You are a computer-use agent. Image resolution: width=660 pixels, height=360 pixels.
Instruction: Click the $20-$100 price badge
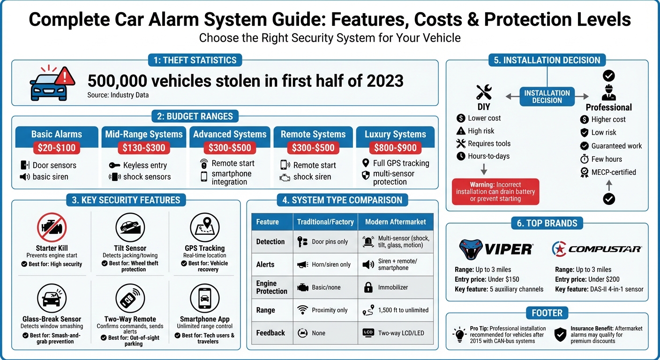click(56, 148)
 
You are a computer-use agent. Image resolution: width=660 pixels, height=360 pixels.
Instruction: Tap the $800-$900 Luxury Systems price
click(395, 148)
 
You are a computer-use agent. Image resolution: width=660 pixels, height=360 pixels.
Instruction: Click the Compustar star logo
click(560, 249)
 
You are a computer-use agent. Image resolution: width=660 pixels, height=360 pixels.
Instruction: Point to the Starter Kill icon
click(52, 227)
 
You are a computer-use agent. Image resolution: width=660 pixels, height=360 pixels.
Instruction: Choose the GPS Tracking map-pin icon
click(205, 227)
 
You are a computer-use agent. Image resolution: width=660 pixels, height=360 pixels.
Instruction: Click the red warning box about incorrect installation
click(495, 191)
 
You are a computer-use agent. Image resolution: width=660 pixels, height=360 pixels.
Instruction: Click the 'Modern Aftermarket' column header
click(395, 222)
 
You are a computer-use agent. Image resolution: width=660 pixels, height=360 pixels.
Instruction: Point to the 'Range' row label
click(265, 310)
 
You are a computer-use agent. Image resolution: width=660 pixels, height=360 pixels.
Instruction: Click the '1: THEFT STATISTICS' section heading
click(195, 60)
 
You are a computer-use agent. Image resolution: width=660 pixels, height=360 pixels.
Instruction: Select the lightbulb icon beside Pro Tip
click(458, 334)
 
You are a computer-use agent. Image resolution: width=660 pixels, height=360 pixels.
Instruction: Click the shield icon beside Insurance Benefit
click(560, 334)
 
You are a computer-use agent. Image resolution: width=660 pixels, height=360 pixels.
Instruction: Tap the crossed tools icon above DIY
click(483, 92)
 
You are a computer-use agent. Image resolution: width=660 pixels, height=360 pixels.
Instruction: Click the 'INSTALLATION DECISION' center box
click(547, 97)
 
